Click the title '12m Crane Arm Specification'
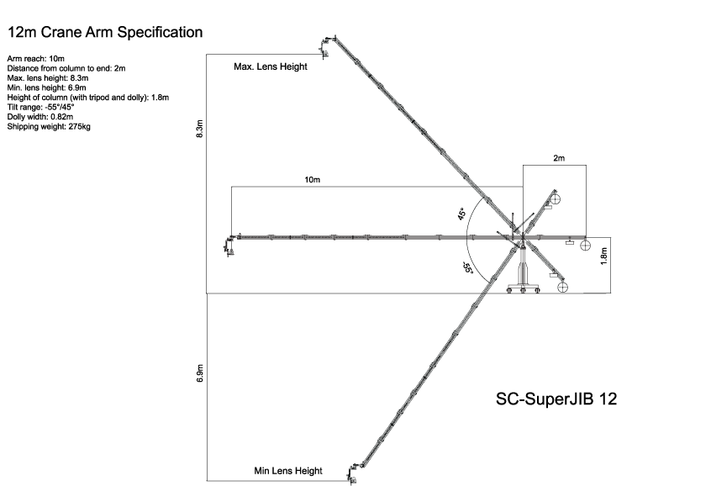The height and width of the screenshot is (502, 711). (x=104, y=33)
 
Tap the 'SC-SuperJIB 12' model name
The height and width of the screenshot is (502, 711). (x=556, y=399)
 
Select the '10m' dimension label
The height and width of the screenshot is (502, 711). (x=313, y=180)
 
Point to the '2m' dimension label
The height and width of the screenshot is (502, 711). (x=559, y=158)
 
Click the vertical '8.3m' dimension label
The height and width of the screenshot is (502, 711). (x=199, y=128)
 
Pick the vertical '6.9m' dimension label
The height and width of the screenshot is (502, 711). (x=199, y=374)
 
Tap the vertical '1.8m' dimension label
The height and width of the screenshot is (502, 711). (x=603, y=256)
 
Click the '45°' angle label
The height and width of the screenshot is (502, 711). (x=462, y=214)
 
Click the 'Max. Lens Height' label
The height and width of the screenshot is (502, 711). (x=270, y=66)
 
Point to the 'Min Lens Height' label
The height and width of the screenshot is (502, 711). (x=288, y=471)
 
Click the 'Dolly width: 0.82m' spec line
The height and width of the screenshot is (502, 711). (x=40, y=117)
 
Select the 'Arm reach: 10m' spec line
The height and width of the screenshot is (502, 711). (x=33, y=58)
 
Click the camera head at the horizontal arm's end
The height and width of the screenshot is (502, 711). (x=229, y=245)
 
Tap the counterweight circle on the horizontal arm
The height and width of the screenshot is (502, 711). (x=586, y=246)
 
